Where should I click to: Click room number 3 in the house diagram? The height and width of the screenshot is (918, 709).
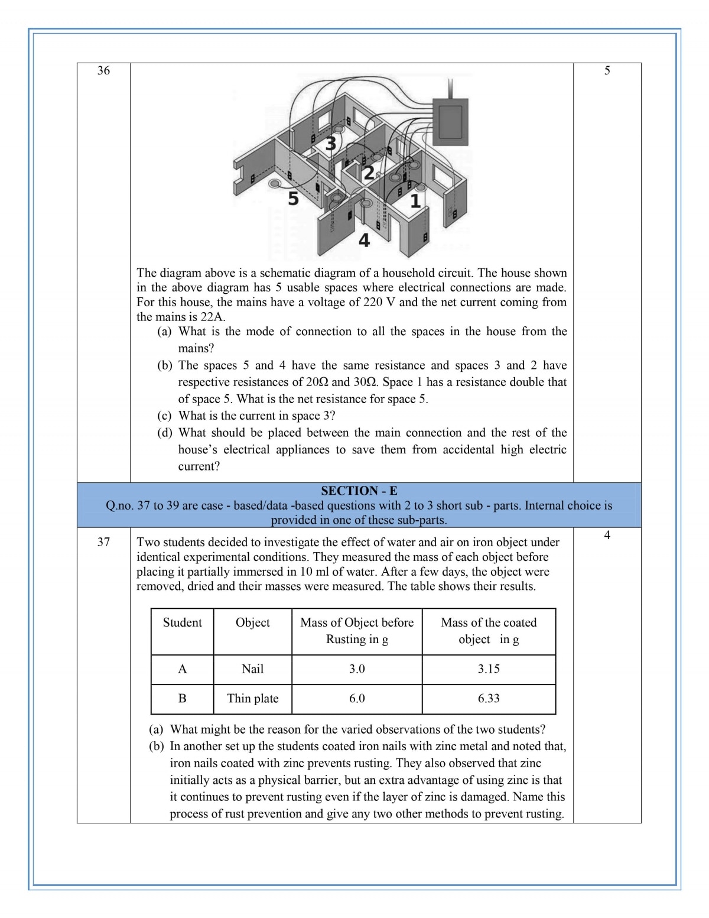coord(331,142)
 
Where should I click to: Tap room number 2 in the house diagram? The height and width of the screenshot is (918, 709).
coord(368,173)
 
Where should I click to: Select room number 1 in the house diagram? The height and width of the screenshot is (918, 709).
coord(415,201)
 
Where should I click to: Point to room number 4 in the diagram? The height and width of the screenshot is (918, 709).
coord(364,241)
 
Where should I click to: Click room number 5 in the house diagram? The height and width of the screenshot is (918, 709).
coord(293,199)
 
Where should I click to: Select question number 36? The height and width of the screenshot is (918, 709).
coord(103,71)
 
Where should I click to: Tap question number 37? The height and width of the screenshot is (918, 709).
coord(103,542)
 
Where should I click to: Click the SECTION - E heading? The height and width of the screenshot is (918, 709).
coord(359,491)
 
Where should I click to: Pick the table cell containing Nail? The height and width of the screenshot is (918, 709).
coord(252,669)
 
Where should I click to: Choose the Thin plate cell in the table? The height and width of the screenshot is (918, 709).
coord(252,699)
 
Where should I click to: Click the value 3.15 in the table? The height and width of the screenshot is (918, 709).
coord(489,669)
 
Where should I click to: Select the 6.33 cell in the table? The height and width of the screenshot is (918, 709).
coord(489,699)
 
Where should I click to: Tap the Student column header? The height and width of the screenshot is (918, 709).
coord(182,622)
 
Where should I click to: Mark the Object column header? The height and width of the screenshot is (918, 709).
coord(252,622)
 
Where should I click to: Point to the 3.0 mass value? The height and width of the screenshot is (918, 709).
coord(357,669)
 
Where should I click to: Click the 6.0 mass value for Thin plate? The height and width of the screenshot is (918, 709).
coord(357,699)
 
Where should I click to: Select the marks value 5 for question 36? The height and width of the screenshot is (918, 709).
coord(607,71)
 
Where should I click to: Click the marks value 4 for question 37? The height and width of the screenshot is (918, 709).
coord(607,536)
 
